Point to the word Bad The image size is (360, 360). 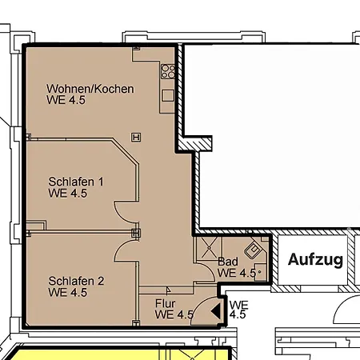coord(228,262)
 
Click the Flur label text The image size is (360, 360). coord(166,303)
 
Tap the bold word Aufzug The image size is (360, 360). coord(315,259)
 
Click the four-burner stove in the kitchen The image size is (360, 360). coord(168,72)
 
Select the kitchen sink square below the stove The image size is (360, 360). coord(168,95)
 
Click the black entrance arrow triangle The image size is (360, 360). coord(216,311)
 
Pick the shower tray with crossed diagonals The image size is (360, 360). coord(209,248)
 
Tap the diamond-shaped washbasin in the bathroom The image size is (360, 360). coord(254,250)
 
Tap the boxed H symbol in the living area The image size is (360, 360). coord(136,138)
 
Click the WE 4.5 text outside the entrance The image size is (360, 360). coord(238,310)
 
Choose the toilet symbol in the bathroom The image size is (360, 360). coord(261,272)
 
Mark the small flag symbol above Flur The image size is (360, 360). coord(168,290)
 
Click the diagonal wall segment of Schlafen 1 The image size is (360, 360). coord(125,151)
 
